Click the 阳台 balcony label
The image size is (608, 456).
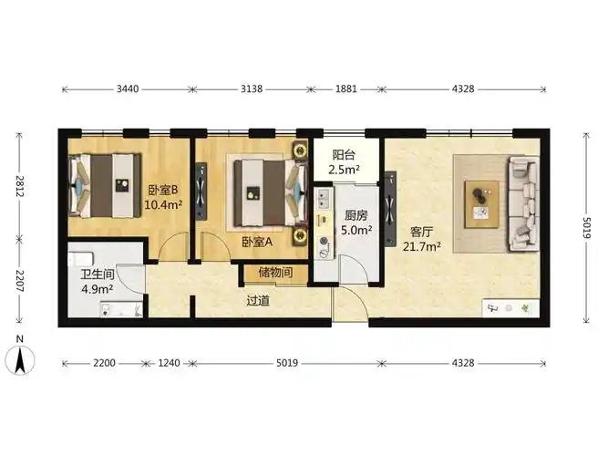pos(344,155)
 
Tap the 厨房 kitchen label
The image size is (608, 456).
pos(356,215)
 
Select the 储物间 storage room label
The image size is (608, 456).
pos(275,272)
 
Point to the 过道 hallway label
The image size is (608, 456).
pos(258,301)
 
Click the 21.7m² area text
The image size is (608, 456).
pos(421,246)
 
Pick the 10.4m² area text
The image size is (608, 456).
pos(163,204)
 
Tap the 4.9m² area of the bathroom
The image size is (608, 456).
pos(97,289)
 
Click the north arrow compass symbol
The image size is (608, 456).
pos(20,359)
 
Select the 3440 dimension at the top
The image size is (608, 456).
pos(128,88)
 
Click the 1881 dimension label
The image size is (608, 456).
pos(345,88)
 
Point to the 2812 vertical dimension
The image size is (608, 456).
pos(19,186)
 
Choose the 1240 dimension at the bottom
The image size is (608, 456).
pos(169,363)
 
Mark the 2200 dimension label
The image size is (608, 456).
pos(104,363)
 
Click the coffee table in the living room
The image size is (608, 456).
pos(482,204)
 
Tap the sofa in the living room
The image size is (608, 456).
pos(524,203)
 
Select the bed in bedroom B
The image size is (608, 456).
pos(105,185)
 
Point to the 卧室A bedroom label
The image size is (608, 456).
pos(257,243)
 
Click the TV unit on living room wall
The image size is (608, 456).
pos(390,209)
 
